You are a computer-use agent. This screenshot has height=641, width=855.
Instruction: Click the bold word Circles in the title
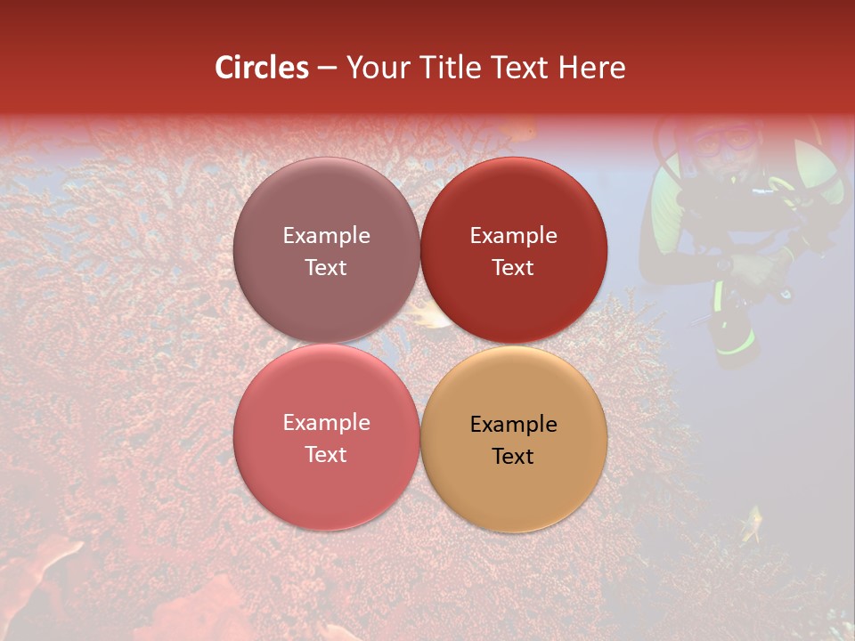point(262,68)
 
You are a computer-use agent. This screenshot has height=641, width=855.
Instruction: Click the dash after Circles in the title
point(327,69)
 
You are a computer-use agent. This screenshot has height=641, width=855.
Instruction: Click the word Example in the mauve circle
point(326,235)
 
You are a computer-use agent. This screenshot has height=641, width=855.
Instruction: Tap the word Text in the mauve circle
point(326,267)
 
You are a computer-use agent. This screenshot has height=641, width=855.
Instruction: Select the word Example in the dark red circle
point(513,235)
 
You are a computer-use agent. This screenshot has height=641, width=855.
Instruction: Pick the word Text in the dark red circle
point(513,267)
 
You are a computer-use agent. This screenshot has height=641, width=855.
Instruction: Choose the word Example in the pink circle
point(326,422)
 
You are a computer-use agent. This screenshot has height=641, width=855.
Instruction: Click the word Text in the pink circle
point(326,454)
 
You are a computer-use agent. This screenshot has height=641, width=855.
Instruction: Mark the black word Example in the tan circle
point(513,424)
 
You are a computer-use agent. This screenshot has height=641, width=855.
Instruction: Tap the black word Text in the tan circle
point(513,456)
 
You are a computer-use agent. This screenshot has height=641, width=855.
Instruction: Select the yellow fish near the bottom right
point(753,523)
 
